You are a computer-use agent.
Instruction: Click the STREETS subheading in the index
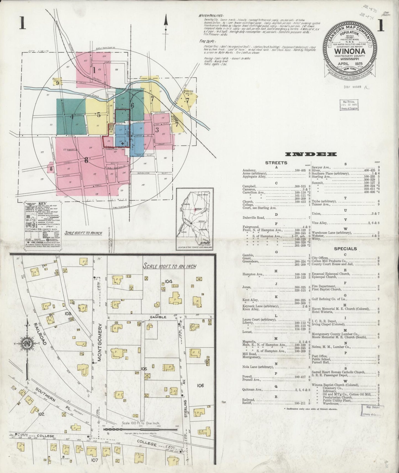[x=276, y=163]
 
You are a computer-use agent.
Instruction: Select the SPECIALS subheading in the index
[x=345, y=249]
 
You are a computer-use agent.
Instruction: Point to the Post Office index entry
[x=319, y=356]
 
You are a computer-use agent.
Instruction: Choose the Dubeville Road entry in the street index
[x=254, y=218]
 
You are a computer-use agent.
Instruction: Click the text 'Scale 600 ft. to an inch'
[x=83, y=233]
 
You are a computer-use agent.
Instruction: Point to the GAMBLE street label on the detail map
[x=158, y=317]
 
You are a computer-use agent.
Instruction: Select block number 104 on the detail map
[x=169, y=281]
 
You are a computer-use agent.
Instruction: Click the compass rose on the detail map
[x=27, y=344]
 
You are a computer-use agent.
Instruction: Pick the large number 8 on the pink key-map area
[x=86, y=160]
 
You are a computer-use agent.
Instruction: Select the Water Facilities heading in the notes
[x=212, y=16]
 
